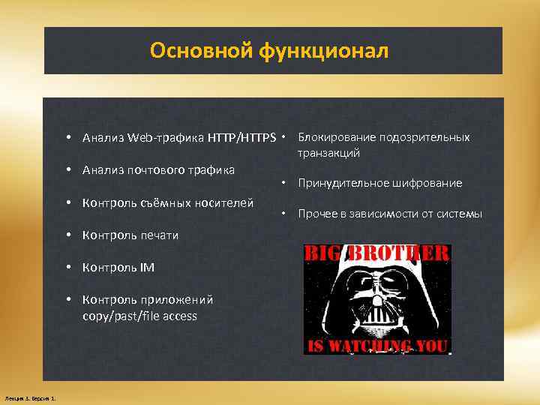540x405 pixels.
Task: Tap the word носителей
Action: [226, 202]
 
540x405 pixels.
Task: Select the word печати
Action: [158, 235]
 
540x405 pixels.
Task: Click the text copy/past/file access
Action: [139, 316]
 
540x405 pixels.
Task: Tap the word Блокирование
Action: [337, 137]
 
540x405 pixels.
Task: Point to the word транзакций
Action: [328, 152]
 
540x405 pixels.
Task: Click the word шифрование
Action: [430, 183]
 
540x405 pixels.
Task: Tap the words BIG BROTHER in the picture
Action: [376, 253]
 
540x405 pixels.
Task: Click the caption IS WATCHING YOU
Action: [376, 346]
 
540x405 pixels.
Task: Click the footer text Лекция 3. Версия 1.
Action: [34, 397]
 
